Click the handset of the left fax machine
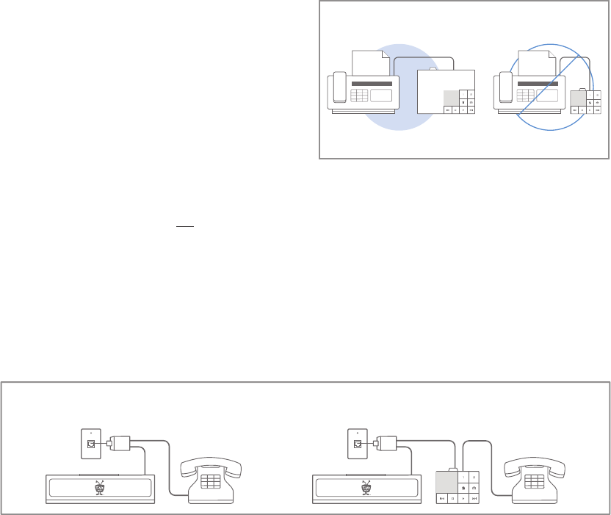[340, 86]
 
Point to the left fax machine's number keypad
[360, 96]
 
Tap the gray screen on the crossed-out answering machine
[577, 98]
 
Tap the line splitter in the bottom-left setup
[119, 443]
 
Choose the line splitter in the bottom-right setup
[386, 443]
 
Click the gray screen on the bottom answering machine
[446, 482]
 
